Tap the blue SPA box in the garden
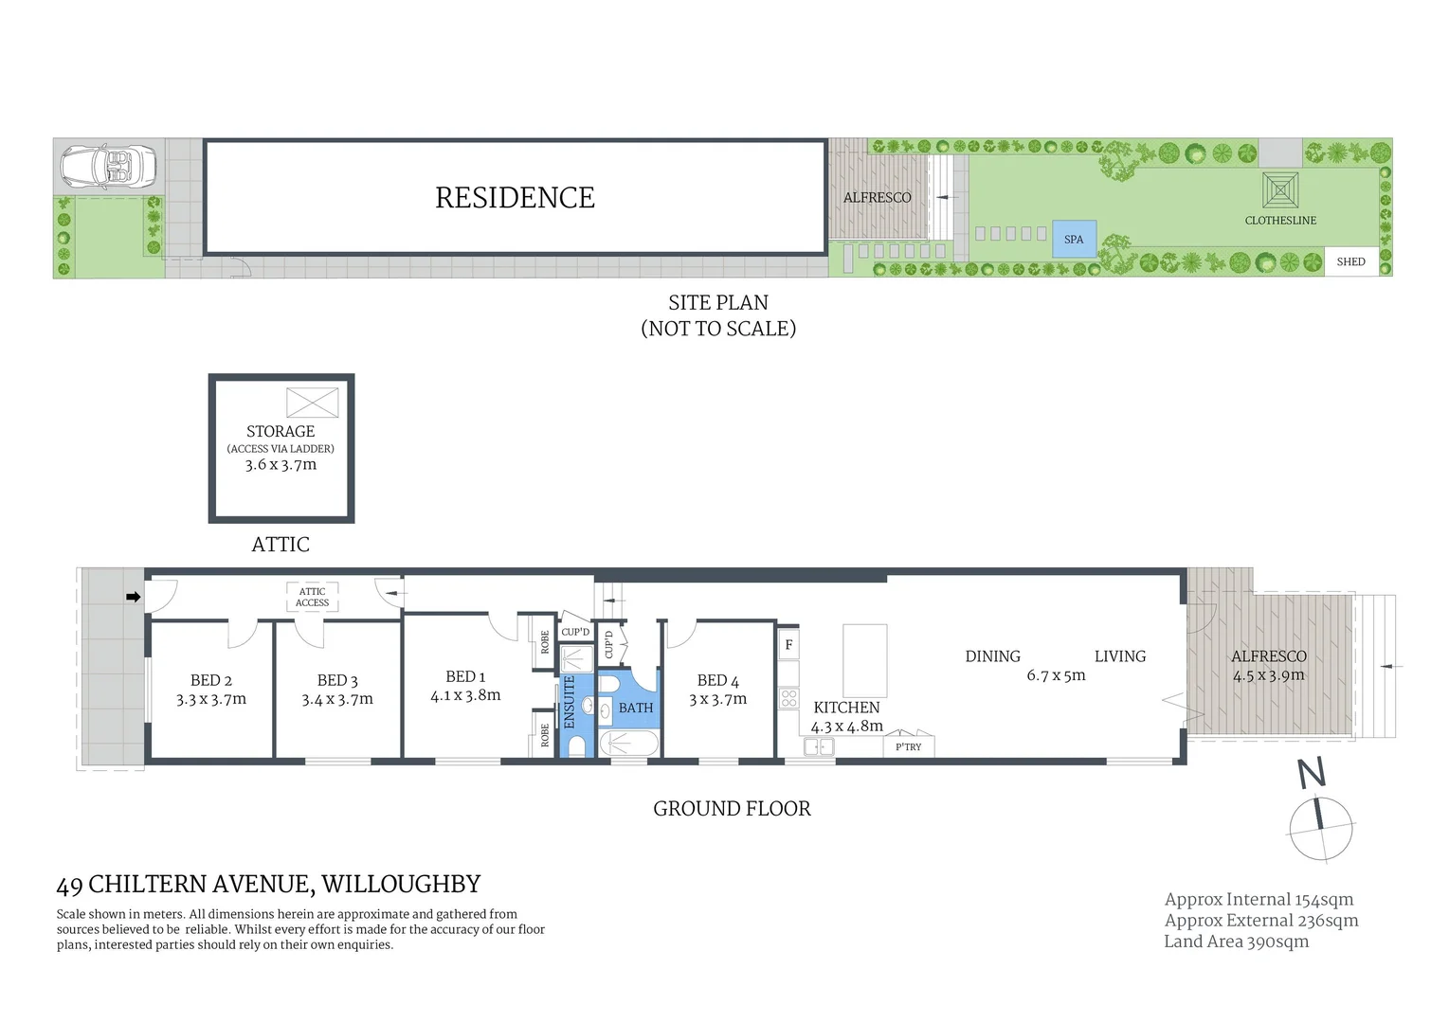click(x=1074, y=239)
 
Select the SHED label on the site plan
click(x=1350, y=261)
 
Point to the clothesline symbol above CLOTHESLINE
click(x=1280, y=190)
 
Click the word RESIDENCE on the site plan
click(x=515, y=198)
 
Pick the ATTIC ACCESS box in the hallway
click(x=312, y=597)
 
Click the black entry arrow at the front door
click(x=134, y=597)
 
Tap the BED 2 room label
click(x=210, y=680)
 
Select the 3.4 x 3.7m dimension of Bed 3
click(x=337, y=700)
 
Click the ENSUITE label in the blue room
click(x=570, y=702)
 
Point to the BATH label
click(x=636, y=708)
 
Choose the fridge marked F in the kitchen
click(x=788, y=645)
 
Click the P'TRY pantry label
click(x=908, y=746)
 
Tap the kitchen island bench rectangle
click(x=864, y=660)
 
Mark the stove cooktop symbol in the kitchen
click(x=788, y=699)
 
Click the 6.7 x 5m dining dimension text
click(x=1056, y=675)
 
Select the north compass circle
click(x=1320, y=827)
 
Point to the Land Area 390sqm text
click(x=1236, y=942)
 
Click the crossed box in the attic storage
click(x=312, y=403)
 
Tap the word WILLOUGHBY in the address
click(x=401, y=885)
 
